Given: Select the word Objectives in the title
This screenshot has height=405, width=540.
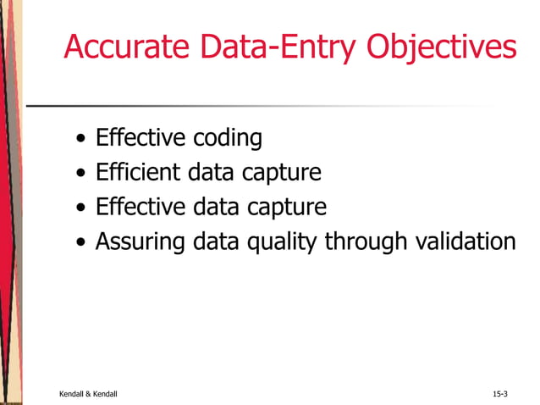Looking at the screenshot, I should coord(441,48).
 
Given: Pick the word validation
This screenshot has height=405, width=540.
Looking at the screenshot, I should coord(466,242).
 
